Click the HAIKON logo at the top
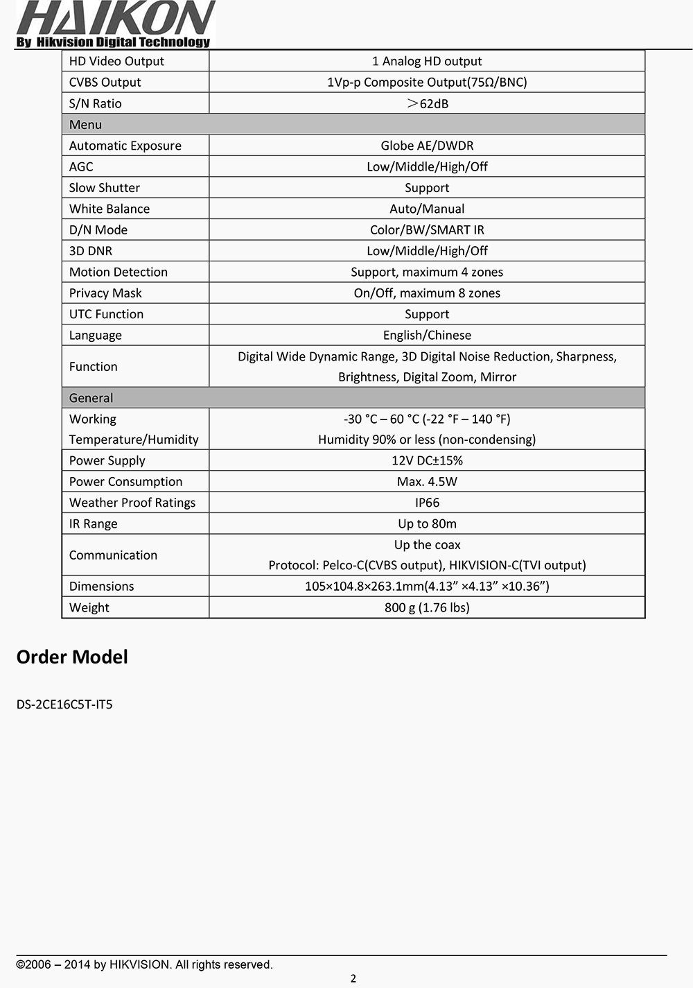point(115,24)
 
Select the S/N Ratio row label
point(95,103)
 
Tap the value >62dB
point(427,103)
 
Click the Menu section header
point(85,125)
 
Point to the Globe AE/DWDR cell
point(427,146)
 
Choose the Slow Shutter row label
point(104,188)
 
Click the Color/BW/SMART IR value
point(427,229)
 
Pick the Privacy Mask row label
point(105,293)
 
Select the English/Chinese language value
point(427,335)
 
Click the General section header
point(91,398)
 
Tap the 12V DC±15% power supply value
point(427,460)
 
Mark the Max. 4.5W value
point(427,482)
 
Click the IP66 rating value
point(427,503)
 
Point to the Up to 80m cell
point(427,523)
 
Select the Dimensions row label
point(101,587)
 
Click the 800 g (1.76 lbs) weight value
point(427,607)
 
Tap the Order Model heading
point(72,657)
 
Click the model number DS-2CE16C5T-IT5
point(64,704)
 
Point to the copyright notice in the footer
point(144,964)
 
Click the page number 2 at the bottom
point(353,979)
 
